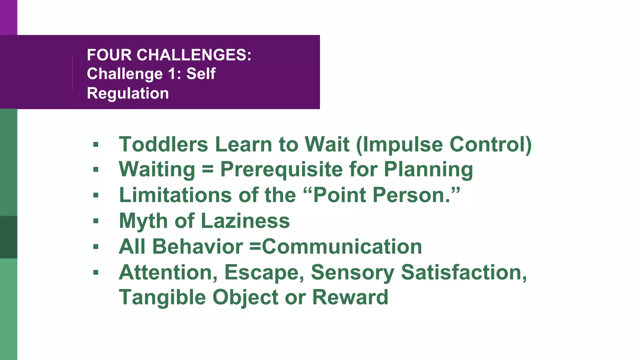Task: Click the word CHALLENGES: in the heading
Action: (194, 55)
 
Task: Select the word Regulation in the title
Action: (128, 93)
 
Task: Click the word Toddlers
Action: (163, 144)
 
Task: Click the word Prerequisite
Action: (281, 170)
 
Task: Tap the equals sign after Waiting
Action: (208, 170)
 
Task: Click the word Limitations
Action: (175, 195)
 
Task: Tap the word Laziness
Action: (245, 221)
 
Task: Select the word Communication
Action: (342, 247)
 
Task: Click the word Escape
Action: (264, 272)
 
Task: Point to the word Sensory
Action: (352, 272)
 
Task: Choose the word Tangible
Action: (162, 297)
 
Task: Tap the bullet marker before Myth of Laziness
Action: (96, 221)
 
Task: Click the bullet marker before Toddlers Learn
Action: (96, 145)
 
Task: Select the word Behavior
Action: (197, 247)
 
